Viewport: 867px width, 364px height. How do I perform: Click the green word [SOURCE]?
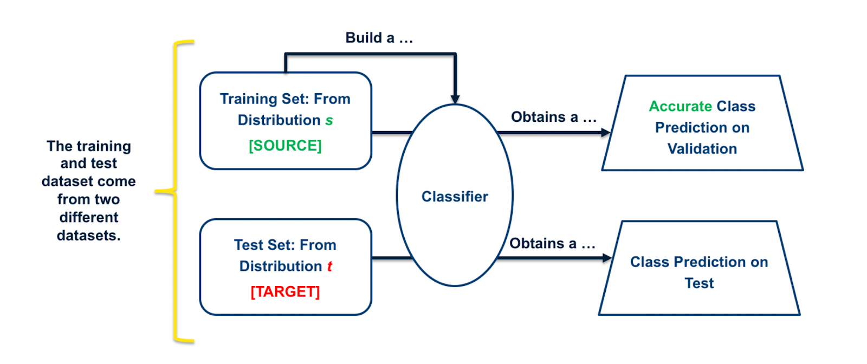(285, 146)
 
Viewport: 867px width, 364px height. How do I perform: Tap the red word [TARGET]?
(285, 291)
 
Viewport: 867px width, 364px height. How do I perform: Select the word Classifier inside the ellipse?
(455, 197)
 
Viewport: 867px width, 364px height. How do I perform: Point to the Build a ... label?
(379, 38)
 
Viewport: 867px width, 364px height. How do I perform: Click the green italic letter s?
(329, 121)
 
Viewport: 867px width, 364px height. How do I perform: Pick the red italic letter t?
(329, 266)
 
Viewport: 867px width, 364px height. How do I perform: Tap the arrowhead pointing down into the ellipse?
(455, 99)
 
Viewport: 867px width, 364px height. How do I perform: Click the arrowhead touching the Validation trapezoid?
(606, 132)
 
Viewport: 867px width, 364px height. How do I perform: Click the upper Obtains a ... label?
(553, 117)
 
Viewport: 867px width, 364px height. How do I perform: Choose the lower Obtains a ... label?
(552, 244)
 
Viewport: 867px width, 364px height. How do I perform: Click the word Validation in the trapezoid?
(702, 149)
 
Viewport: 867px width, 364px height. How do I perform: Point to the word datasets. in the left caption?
(88, 236)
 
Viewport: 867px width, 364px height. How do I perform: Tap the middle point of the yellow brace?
(159, 191)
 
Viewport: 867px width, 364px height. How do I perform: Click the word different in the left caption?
(88, 217)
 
